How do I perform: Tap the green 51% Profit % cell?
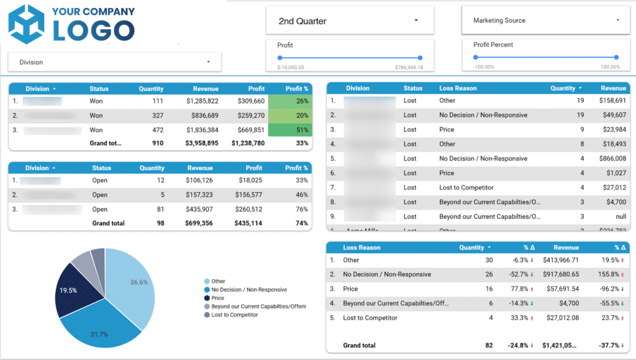[291, 130]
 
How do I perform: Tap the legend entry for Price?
[219, 298]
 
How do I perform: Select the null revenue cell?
[618, 217]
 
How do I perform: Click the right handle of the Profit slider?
[420, 58]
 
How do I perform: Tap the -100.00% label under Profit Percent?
[484, 67]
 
